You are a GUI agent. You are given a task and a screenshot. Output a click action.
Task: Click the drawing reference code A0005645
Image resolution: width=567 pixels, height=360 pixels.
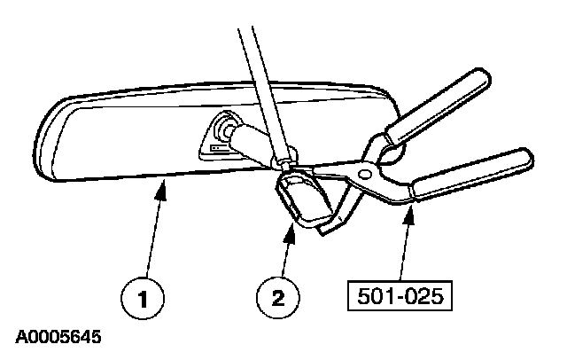click(58, 338)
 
